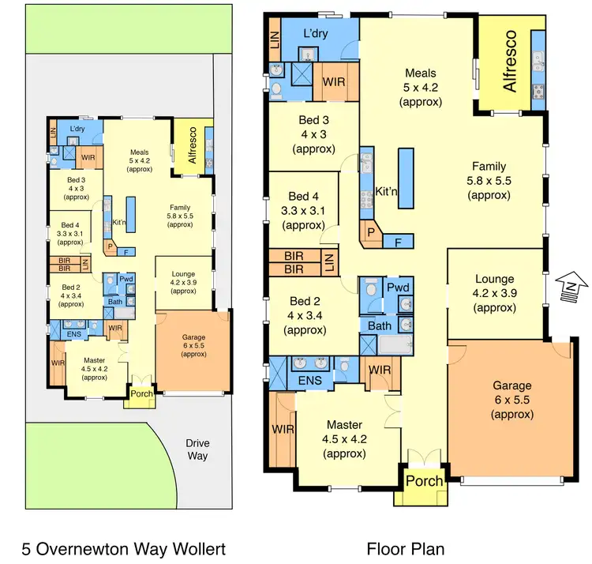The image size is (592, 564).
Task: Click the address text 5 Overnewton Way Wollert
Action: tap(125, 547)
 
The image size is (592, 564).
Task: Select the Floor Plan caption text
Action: tap(405, 547)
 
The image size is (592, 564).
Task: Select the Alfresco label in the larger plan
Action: tap(510, 61)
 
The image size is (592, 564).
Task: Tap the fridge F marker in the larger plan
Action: tap(398, 240)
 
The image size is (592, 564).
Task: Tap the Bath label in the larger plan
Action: tap(379, 325)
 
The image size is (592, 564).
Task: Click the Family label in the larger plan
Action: tap(489, 167)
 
